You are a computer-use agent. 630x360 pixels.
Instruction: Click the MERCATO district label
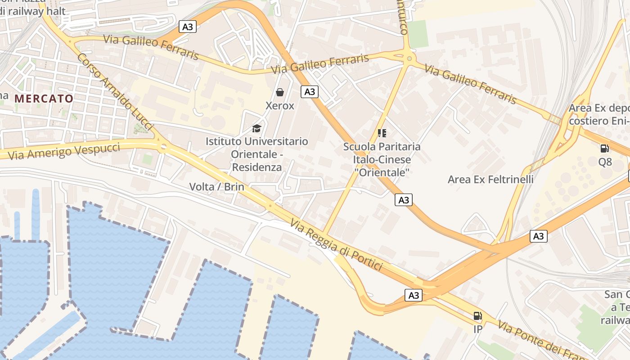(44, 99)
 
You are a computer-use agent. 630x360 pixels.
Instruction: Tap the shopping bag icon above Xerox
(280, 92)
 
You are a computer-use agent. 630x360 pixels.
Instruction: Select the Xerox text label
(280, 106)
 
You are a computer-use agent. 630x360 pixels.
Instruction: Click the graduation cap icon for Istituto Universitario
(256, 128)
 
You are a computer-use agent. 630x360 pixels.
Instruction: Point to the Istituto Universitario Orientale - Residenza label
(256, 154)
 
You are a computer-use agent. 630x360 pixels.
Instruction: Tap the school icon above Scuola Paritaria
(382, 133)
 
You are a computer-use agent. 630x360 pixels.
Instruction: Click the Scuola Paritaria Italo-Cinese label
(382, 159)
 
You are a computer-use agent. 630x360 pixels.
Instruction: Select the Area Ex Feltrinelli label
(490, 180)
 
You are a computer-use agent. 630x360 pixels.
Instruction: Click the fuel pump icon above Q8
(605, 148)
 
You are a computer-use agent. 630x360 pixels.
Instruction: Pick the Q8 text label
(605, 162)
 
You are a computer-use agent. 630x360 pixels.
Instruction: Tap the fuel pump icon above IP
(477, 316)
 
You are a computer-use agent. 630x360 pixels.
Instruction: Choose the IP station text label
(477, 329)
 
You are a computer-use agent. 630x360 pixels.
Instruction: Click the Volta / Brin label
(216, 187)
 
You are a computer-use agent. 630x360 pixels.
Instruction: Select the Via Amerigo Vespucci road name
(64, 151)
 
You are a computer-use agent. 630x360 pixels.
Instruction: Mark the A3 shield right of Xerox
(310, 92)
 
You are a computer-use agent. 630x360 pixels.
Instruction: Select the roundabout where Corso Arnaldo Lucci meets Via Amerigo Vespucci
(163, 147)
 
